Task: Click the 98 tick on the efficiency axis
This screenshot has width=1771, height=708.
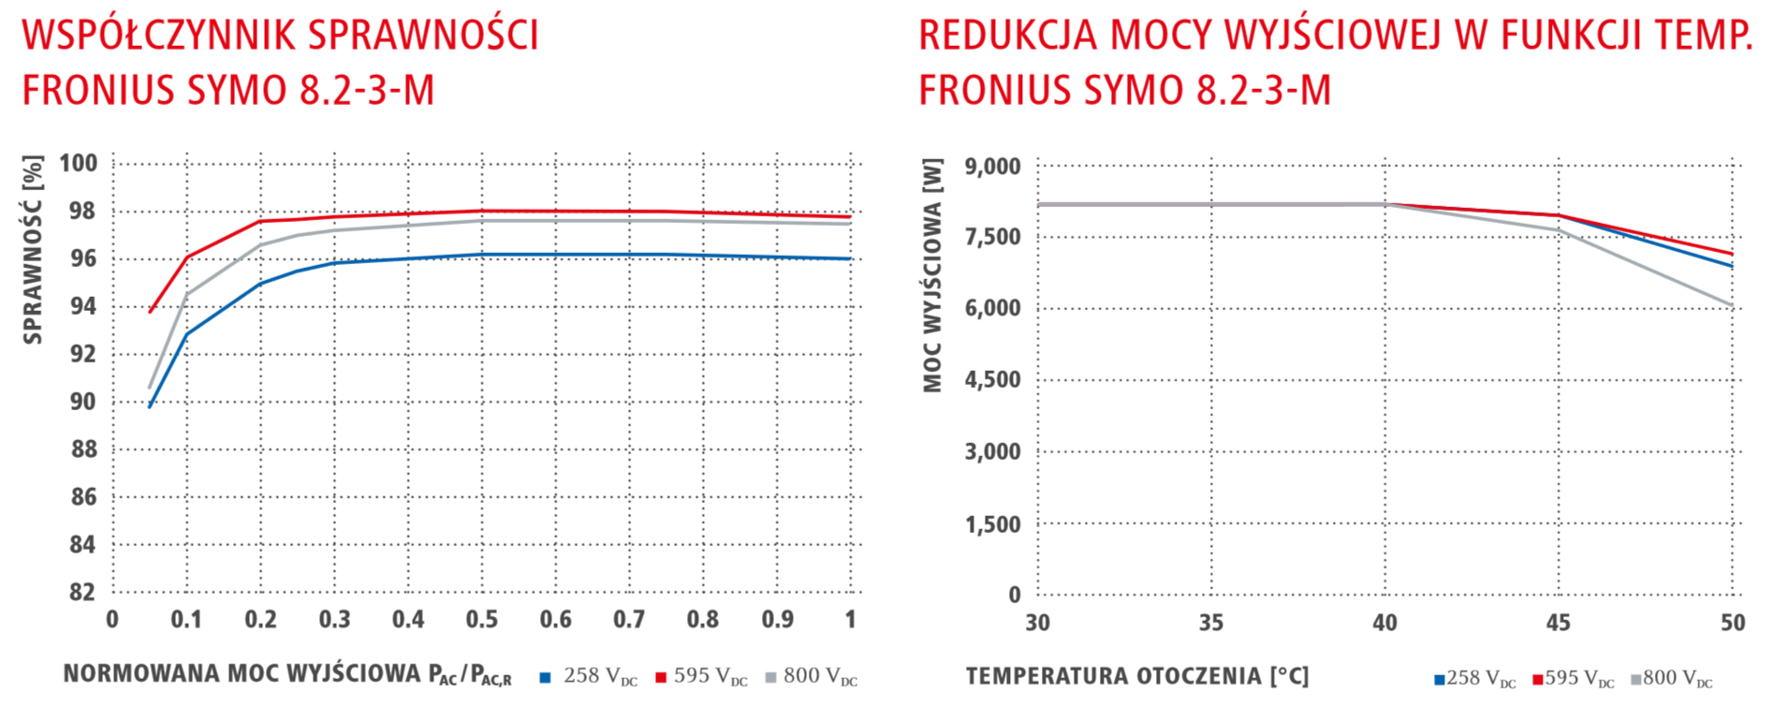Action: (x=82, y=211)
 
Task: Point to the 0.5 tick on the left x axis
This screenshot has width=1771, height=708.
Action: (x=482, y=619)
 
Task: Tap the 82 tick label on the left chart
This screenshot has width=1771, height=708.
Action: (x=82, y=592)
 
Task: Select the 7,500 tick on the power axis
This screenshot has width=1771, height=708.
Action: (x=992, y=237)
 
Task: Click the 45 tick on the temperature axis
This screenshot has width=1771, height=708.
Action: (x=1558, y=623)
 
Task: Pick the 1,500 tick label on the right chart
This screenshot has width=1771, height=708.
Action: (x=992, y=524)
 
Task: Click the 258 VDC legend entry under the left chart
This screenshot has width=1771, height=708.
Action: (x=590, y=676)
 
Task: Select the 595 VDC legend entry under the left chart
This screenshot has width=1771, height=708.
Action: (x=701, y=676)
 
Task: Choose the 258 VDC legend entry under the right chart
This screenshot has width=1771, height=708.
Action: (x=1474, y=678)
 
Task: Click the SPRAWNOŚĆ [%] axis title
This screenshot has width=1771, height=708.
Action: (x=33, y=250)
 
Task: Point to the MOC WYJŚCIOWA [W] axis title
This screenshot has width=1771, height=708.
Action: (x=932, y=275)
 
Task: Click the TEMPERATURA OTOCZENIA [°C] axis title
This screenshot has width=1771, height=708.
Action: (x=1136, y=676)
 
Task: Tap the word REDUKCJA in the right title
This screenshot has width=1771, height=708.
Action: (x=1007, y=36)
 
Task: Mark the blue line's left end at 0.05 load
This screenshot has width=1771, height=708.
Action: (x=150, y=406)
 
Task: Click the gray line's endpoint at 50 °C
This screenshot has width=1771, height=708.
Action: (x=1732, y=305)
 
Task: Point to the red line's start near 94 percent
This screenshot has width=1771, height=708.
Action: (x=150, y=312)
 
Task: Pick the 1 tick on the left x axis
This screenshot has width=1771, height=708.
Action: (x=850, y=619)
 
